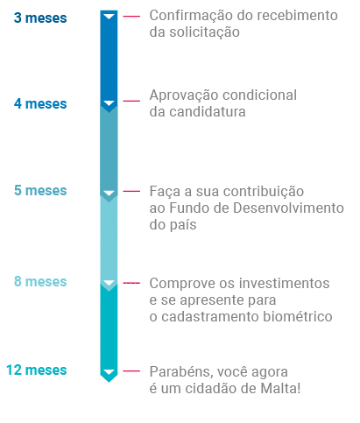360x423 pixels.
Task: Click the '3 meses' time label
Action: coord(40,18)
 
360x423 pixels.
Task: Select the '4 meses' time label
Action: coord(40,103)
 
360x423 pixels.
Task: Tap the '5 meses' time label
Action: coord(40,190)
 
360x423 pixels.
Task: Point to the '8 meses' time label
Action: coord(40,281)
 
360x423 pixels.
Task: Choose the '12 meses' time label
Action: coord(37,370)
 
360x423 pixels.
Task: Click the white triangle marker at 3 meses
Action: coord(109,16)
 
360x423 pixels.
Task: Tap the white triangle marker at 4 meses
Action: coord(109,103)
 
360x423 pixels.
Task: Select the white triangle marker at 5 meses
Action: coord(109,193)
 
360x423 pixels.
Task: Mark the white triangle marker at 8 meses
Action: coord(109,283)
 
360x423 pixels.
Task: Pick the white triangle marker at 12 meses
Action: coord(109,372)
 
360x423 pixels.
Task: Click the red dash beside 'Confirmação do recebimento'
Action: coord(131,16)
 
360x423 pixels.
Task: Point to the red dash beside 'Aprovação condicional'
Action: coord(131,101)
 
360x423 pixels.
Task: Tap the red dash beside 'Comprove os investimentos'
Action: coord(131,283)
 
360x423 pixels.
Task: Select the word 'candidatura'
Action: coord(208,111)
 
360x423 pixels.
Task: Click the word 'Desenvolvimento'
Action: coord(288,208)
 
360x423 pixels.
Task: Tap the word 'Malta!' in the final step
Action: coord(280,388)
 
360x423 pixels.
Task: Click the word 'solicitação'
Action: coord(204,32)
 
